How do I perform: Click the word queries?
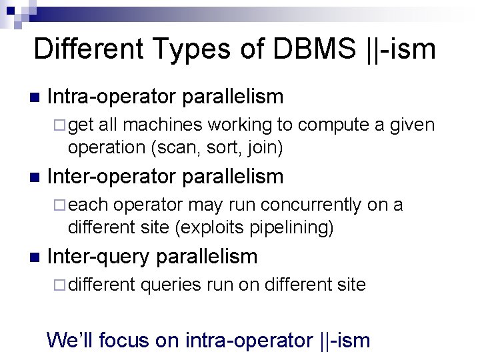coord(170,285)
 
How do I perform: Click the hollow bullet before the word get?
coord(60,125)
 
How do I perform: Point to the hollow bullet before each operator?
coord(60,205)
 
